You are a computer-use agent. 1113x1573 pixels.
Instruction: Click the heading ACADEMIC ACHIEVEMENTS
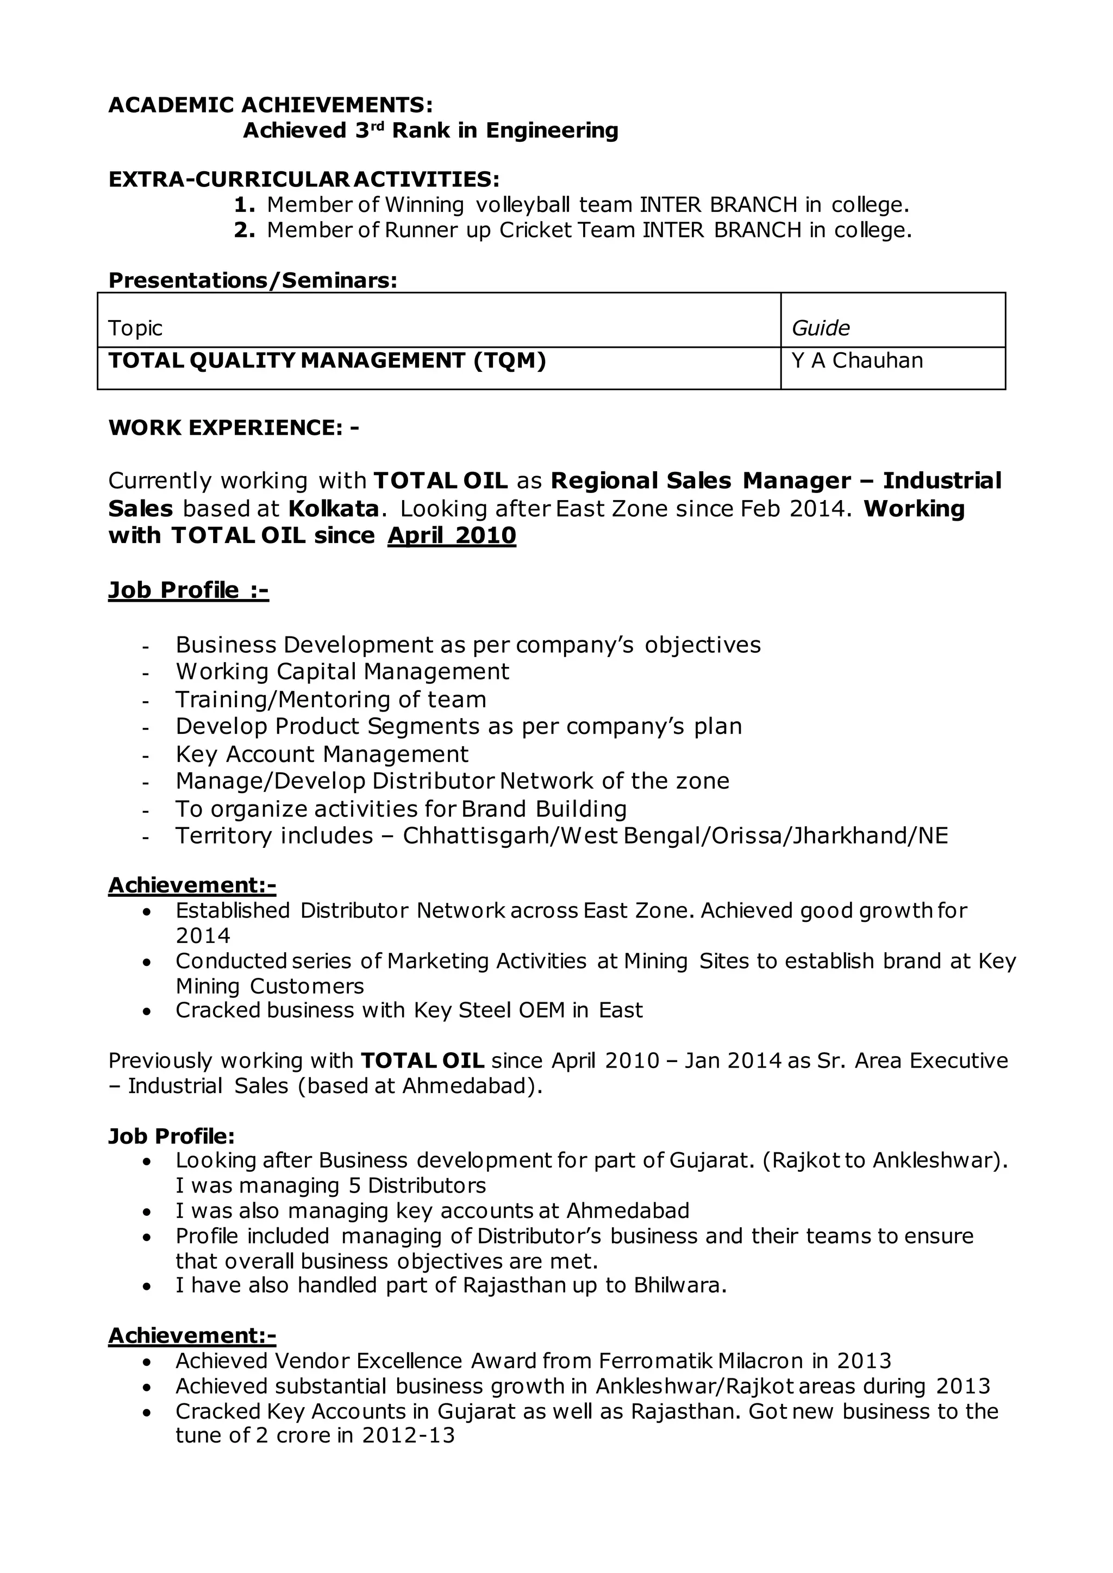tap(270, 105)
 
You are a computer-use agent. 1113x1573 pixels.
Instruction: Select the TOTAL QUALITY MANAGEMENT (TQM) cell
tap(327, 360)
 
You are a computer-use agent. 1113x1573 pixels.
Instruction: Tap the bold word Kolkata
tap(333, 509)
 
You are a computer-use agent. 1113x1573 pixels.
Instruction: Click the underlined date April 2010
tap(451, 535)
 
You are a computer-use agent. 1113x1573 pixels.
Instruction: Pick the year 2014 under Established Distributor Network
tap(203, 935)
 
